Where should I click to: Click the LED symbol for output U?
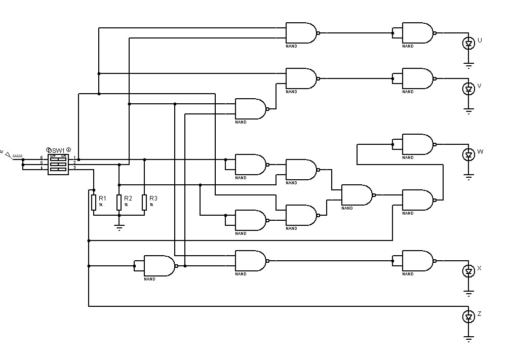click(468, 44)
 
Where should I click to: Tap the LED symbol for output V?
click(468, 89)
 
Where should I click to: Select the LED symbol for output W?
click(468, 154)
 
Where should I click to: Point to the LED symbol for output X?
click(468, 271)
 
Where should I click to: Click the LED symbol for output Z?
click(468, 317)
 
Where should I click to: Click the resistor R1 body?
click(94, 202)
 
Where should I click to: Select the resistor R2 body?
click(119, 202)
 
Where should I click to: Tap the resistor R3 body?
click(144, 202)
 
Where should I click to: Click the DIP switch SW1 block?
click(58, 164)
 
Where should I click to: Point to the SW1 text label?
click(58, 150)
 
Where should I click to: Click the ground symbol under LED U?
click(469, 65)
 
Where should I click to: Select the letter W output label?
click(480, 152)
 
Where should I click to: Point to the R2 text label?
click(128, 198)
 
